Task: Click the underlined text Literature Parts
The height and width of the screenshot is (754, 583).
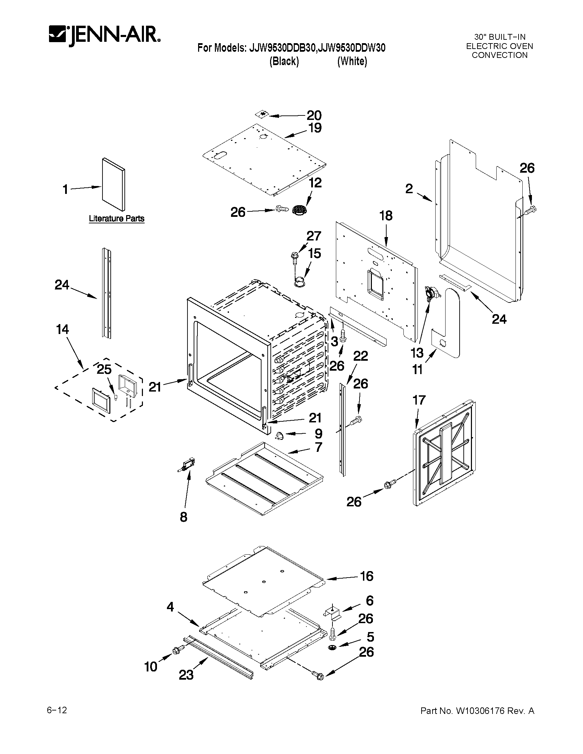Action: (117, 219)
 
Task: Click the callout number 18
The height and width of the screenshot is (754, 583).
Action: (386, 216)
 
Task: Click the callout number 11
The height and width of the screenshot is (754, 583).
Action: (417, 370)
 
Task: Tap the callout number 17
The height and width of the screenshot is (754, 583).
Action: (419, 400)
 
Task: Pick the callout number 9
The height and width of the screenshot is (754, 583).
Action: (318, 434)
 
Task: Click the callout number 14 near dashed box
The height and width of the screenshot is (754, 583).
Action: (62, 329)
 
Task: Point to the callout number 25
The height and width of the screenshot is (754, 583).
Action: (104, 369)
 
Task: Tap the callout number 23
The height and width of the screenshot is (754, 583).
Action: (186, 675)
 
